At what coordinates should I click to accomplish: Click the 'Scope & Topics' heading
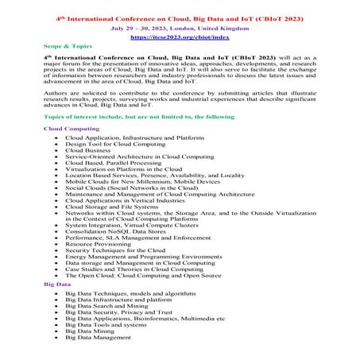tap(66, 48)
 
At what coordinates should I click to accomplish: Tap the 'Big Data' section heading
tap(57, 284)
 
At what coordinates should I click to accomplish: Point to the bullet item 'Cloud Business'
tap(89, 149)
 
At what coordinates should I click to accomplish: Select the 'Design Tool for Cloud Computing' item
tap(116, 143)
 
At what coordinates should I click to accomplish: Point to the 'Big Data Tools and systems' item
tap(110, 325)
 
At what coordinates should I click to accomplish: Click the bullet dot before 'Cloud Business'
tap(54, 149)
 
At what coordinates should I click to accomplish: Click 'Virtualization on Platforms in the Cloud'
tap(129, 168)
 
